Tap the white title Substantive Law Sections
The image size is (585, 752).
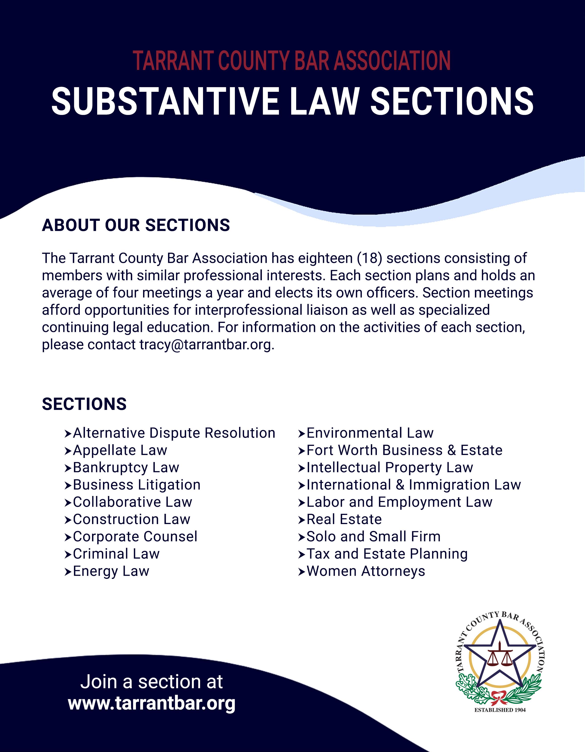click(292, 101)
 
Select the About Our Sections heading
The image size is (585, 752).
click(136, 225)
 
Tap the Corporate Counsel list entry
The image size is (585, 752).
click(135, 537)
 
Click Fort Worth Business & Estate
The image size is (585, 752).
click(404, 450)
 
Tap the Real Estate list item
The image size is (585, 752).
click(344, 519)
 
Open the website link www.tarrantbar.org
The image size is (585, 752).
click(152, 703)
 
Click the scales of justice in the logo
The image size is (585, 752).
click(499, 658)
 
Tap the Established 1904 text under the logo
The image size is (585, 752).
click(500, 710)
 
